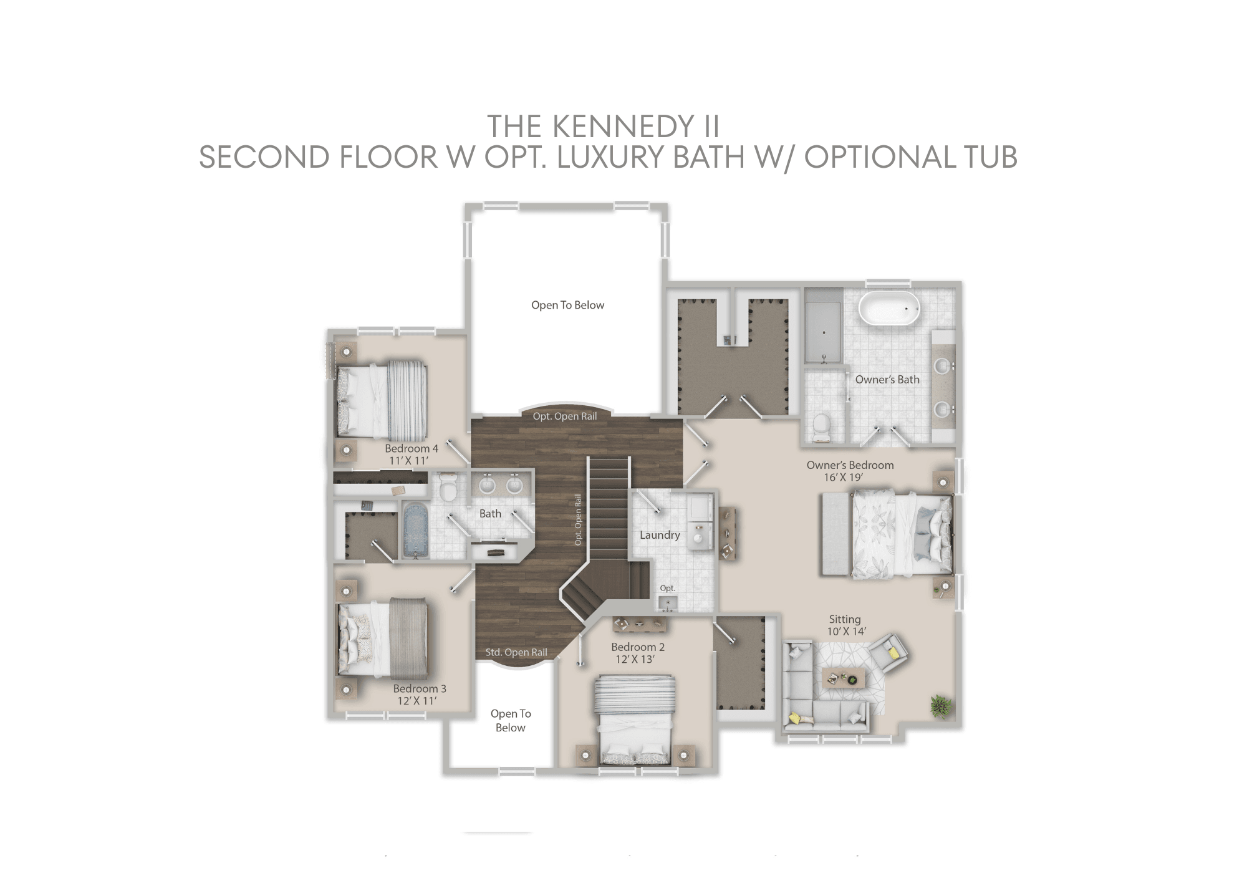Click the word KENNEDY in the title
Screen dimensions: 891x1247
point(623,127)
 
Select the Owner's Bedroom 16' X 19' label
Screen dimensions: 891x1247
point(849,471)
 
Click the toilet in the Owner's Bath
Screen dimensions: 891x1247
point(822,426)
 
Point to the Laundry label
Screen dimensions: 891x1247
point(659,535)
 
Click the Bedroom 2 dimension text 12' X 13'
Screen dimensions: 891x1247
point(635,660)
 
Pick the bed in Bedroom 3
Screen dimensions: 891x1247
point(382,639)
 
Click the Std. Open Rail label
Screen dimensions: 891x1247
point(516,652)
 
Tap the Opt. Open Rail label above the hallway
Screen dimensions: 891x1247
point(564,416)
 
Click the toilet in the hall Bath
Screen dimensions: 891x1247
point(448,488)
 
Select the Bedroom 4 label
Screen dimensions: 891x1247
point(411,448)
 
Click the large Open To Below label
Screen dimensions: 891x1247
point(567,305)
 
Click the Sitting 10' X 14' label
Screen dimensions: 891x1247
point(845,625)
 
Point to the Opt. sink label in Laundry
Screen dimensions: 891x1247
point(667,588)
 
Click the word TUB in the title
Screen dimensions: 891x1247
point(990,157)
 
